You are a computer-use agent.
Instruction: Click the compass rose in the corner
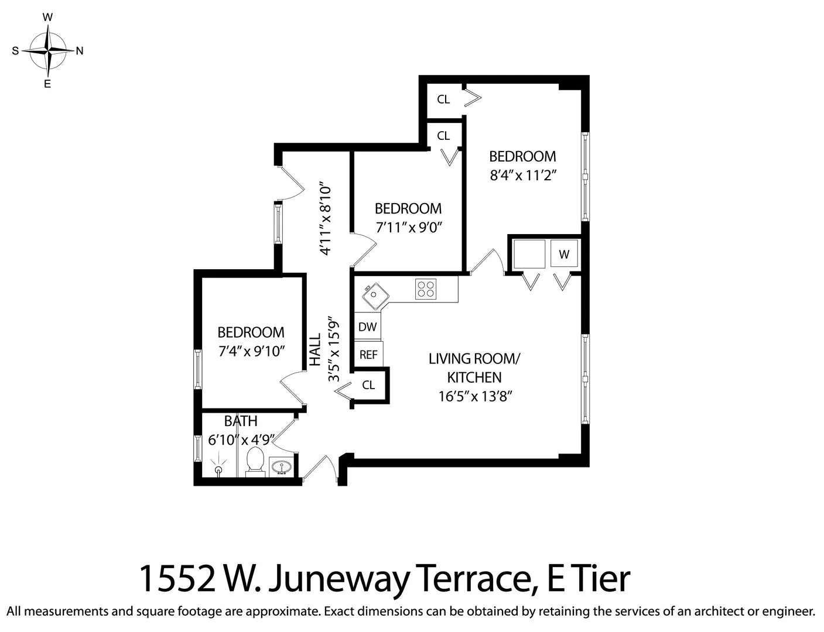coord(48,51)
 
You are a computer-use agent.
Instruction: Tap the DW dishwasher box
coord(367,327)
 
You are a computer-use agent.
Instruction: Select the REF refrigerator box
coord(368,355)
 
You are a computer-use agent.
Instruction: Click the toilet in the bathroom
coord(255,461)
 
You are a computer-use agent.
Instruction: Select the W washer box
coord(564,255)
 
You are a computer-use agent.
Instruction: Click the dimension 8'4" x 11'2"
coord(522,176)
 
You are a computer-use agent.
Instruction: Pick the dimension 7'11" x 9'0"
coord(408,227)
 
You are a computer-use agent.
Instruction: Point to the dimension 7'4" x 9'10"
coord(251,351)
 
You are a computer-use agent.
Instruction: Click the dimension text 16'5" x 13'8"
coord(475,396)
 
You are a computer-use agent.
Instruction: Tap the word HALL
coord(315,349)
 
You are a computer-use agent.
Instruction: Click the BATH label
coord(240,421)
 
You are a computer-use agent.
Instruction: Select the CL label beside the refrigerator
coord(368,385)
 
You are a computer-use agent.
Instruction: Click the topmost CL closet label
coord(443,99)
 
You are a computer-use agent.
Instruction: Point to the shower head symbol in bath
coord(219,468)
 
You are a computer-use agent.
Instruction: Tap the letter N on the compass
coord(80,51)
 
